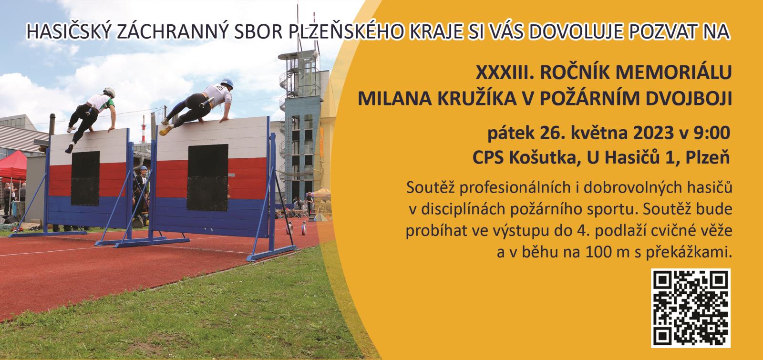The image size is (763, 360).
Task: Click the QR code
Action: [x=691, y=308]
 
